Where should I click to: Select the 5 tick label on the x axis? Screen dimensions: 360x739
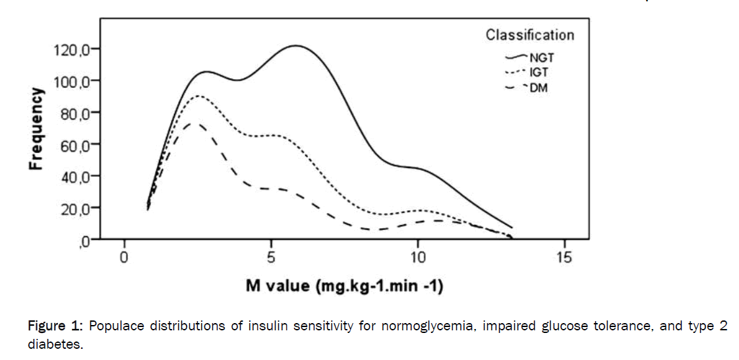pos(270,256)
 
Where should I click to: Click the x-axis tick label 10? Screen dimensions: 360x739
pos(417,256)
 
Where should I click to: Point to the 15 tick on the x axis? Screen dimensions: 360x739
pos(564,256)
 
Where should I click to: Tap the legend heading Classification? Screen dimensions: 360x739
pos(529,35)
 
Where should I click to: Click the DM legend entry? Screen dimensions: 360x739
pos(538,87)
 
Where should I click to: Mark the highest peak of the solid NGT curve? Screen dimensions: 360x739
pos(295,45)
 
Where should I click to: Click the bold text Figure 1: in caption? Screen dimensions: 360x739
pos(56,327)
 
